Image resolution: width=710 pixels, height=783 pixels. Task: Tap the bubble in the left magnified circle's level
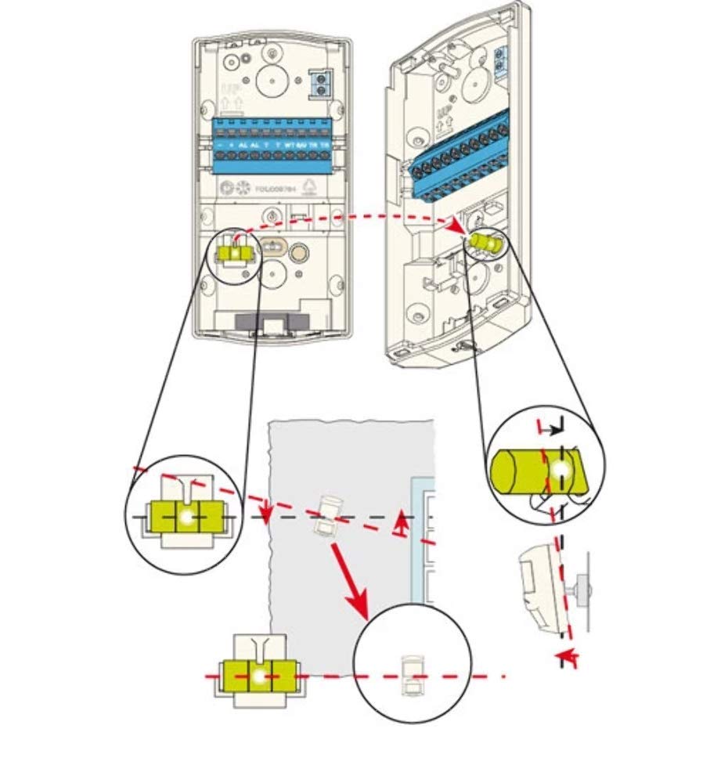point(187,518)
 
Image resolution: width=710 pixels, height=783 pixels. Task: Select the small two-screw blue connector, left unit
point(318,83)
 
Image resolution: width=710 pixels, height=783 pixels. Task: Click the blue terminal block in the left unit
point(272,146)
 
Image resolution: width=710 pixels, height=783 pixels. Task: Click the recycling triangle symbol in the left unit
point(308,186)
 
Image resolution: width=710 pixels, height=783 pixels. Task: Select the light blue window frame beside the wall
point(423,540)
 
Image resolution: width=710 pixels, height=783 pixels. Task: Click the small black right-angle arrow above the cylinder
point(557,427)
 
